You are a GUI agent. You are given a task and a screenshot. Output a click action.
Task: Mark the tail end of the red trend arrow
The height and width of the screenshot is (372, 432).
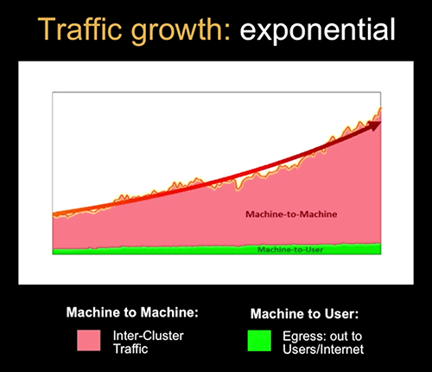(54, 213)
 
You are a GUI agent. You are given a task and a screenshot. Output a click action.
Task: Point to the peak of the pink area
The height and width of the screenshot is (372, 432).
(378, 108)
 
